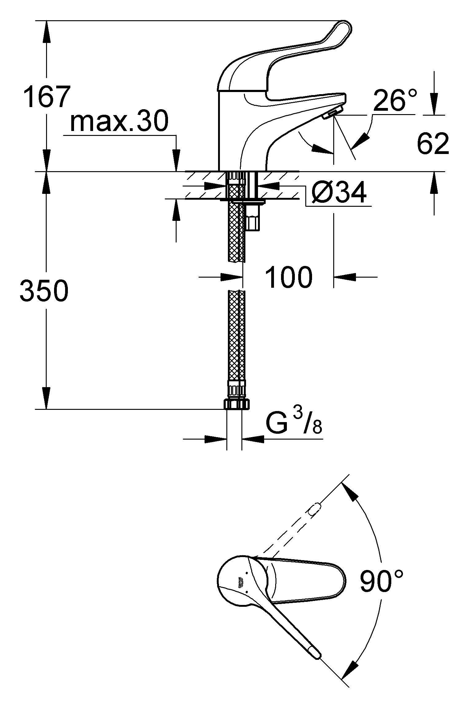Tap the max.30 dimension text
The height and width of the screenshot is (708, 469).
pos(119,121)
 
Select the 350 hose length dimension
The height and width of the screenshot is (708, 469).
pos(44,291)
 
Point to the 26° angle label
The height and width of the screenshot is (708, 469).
pos(395,101)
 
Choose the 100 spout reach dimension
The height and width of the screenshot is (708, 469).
pos(288,277)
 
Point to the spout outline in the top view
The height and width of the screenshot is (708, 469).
pos(307,580)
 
